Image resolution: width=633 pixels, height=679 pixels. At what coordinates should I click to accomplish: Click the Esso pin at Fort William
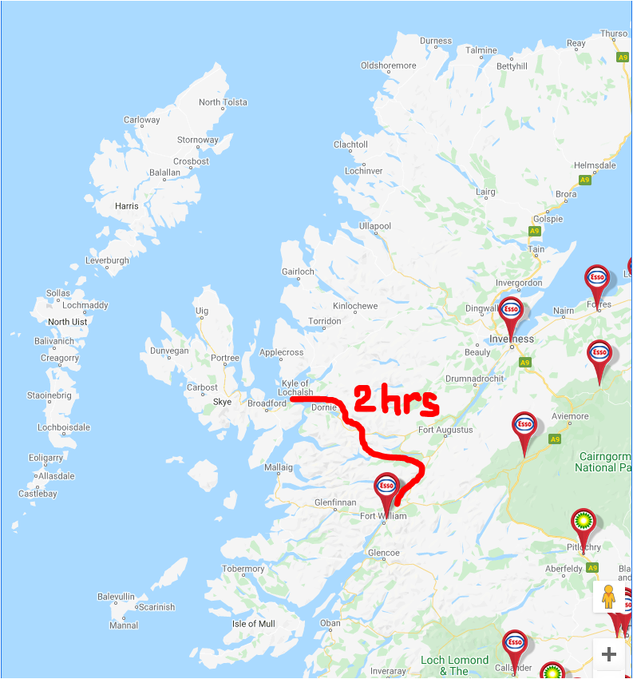(386, 487)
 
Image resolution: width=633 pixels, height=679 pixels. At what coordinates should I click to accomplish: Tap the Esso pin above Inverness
(511, 311)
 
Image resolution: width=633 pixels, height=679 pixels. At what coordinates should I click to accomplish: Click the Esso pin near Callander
(515, 644)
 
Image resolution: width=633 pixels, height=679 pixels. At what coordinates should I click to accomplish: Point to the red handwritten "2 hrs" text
(396, 400)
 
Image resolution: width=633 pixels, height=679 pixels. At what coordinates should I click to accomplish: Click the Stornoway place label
(197, 140)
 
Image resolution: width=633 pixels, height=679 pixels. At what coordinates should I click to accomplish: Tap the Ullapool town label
(375, 226)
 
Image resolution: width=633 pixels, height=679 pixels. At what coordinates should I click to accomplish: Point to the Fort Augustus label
(445, 430)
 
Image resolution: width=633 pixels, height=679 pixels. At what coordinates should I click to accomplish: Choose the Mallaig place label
(279, 467)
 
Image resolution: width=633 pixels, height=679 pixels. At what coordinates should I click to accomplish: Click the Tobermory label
(243, 569)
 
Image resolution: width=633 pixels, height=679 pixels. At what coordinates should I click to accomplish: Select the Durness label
(436, 41)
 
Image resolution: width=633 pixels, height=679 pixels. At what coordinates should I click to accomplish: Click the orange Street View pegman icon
(608, 597)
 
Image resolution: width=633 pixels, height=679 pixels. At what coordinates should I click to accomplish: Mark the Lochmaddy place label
(85, 305)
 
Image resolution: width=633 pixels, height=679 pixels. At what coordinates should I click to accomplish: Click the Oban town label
(330, 623)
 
